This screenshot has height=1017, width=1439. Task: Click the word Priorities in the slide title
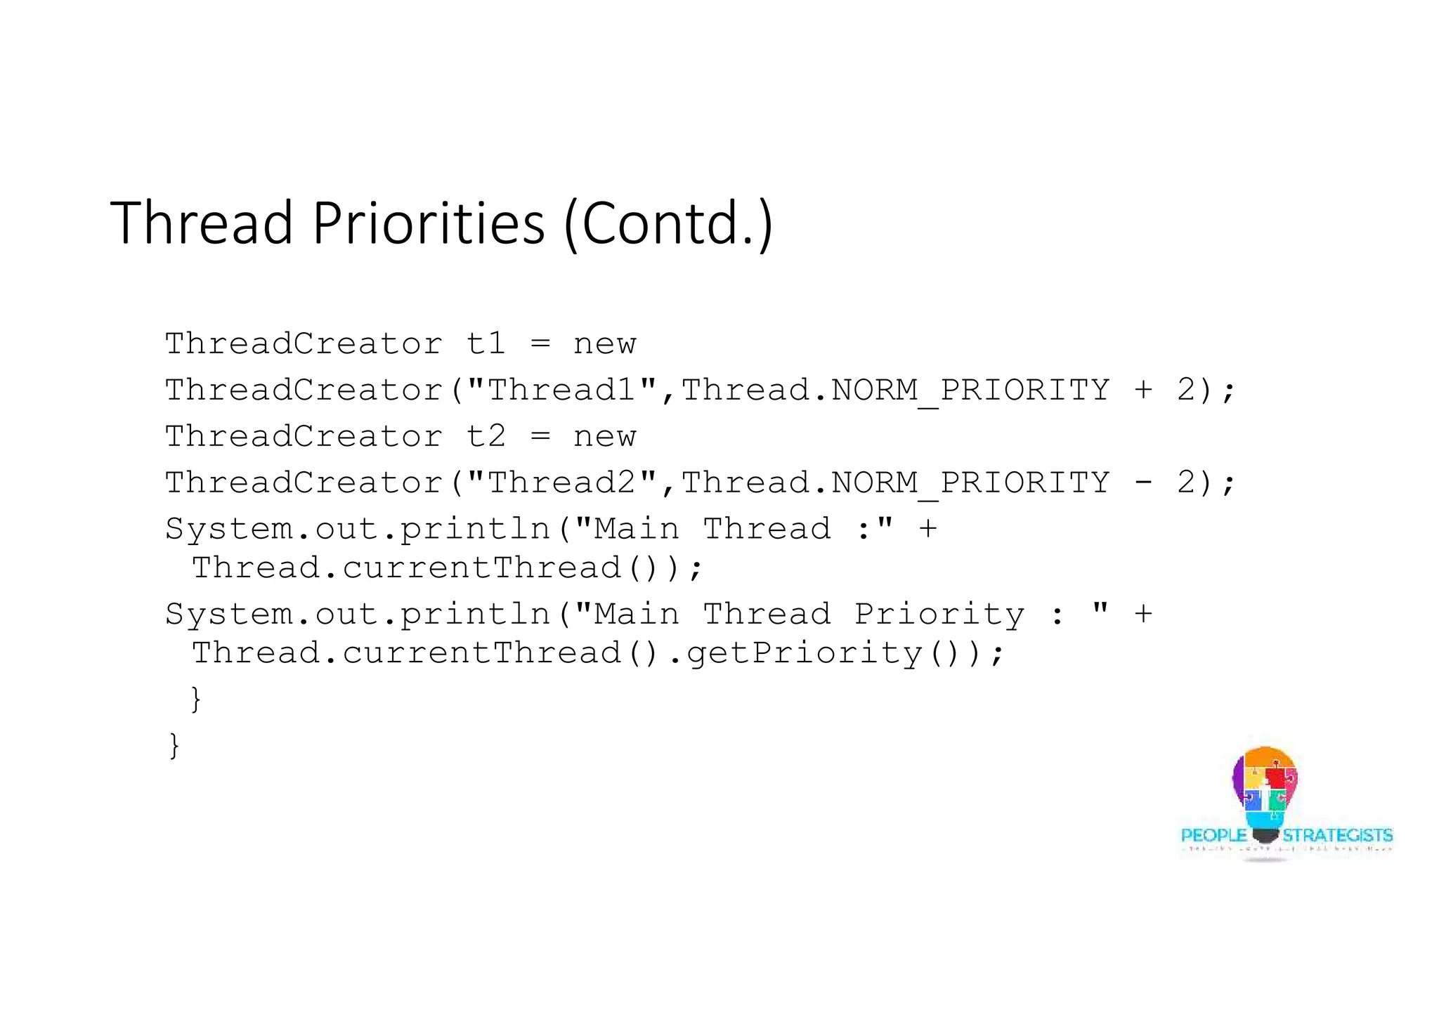[428, 223]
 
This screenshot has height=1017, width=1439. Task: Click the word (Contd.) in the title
[668, 223]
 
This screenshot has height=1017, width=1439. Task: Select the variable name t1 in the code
[486, 343]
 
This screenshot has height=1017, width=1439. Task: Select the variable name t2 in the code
[486, 436]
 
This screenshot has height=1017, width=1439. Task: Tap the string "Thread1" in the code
[561, 389]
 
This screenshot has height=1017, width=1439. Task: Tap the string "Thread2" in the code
[561, 482]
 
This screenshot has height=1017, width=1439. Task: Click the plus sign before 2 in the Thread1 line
[1142, 390]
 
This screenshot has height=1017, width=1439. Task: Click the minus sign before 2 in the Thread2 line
[1142, 483]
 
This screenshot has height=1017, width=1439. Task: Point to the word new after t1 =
[604, 344]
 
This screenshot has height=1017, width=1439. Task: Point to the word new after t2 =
[604, 437]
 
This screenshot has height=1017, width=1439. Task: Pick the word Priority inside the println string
[939, 614]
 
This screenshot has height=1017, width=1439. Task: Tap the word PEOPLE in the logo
[1213, 835]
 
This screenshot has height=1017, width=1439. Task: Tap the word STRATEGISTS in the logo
[1337, 835]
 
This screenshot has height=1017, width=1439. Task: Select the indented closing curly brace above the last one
[196, 699]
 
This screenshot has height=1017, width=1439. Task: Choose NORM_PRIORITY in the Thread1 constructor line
[970, 390]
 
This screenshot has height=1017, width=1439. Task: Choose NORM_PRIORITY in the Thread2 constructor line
[970, 483]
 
